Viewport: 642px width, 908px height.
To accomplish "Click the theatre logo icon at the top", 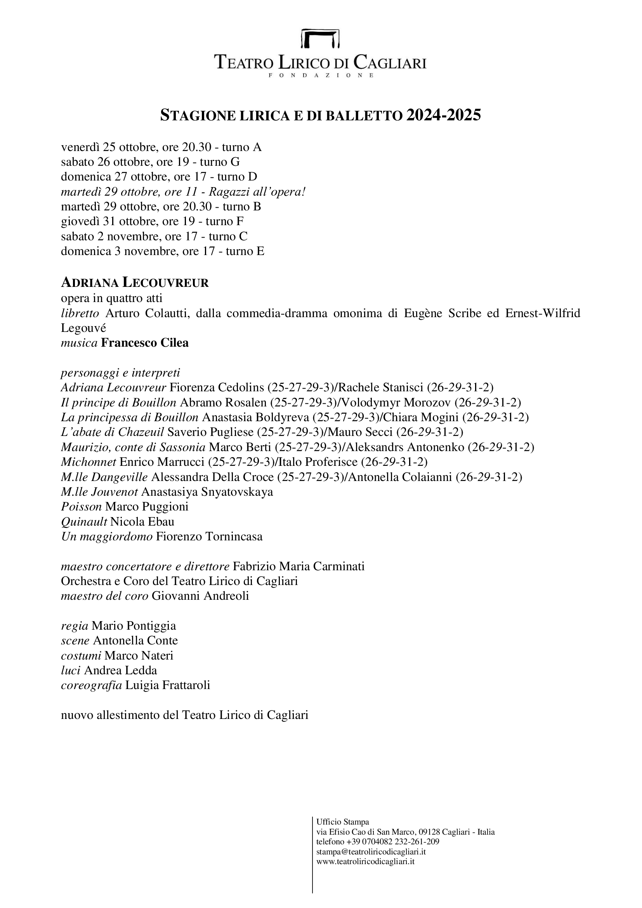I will coord(320,38).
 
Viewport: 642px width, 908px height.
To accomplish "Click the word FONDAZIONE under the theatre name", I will coord(321,75).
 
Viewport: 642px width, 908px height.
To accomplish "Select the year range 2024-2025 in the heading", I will coord(444,115).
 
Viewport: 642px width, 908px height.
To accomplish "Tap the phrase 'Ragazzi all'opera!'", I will coord(257,192).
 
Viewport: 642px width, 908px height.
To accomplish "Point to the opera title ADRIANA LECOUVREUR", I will coord(135,283).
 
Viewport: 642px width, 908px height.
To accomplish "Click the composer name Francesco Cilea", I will coord(145,342).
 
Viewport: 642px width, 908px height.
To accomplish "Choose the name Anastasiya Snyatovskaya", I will coord(207,492).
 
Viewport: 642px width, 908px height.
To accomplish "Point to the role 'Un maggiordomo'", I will coord(107,536).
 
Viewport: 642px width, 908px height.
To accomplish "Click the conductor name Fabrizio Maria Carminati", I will coord(298,566).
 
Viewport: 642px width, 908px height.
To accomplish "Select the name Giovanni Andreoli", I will coord(200,595).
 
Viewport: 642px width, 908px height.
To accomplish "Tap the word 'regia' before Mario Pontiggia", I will coord(74,626).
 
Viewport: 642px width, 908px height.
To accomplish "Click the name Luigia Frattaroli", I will coord(168,685).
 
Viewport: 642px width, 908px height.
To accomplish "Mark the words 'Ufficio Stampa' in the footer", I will coord(342,822).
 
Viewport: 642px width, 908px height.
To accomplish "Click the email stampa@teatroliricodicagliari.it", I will coord(371,851).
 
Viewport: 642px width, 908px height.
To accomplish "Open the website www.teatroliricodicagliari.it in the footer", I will coord(365,861).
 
